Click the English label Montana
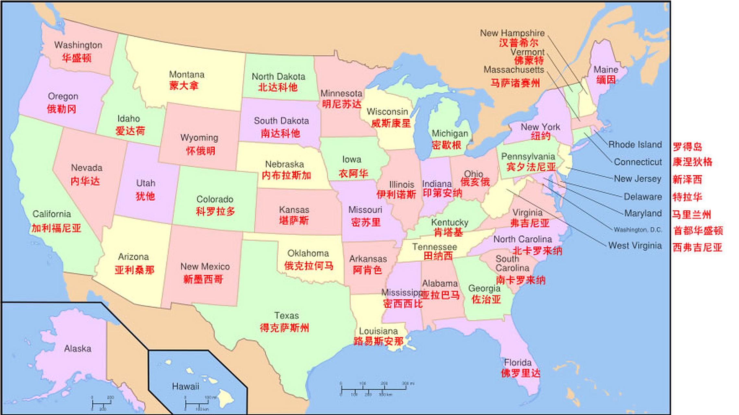click(187, 75)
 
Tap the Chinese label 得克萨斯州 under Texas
click(284, 328)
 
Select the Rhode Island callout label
click(635, 145)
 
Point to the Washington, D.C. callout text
click(637, 230)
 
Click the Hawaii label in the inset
click(185, 386)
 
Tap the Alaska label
click(78, 349)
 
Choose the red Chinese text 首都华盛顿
click(698, 231)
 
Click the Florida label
click(518, 362)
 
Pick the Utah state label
click(145, 183)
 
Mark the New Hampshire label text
click(512, 33)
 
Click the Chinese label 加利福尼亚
click(56, 228)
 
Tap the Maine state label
click(606, 70)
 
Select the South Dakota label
click(281, 121)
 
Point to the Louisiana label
click(378, 331)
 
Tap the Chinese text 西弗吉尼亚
click(697, 248)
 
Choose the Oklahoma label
click(308, 253)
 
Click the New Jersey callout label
click(637, 179)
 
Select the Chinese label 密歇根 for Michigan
click(446, 145)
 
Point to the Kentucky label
click(450, 222)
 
